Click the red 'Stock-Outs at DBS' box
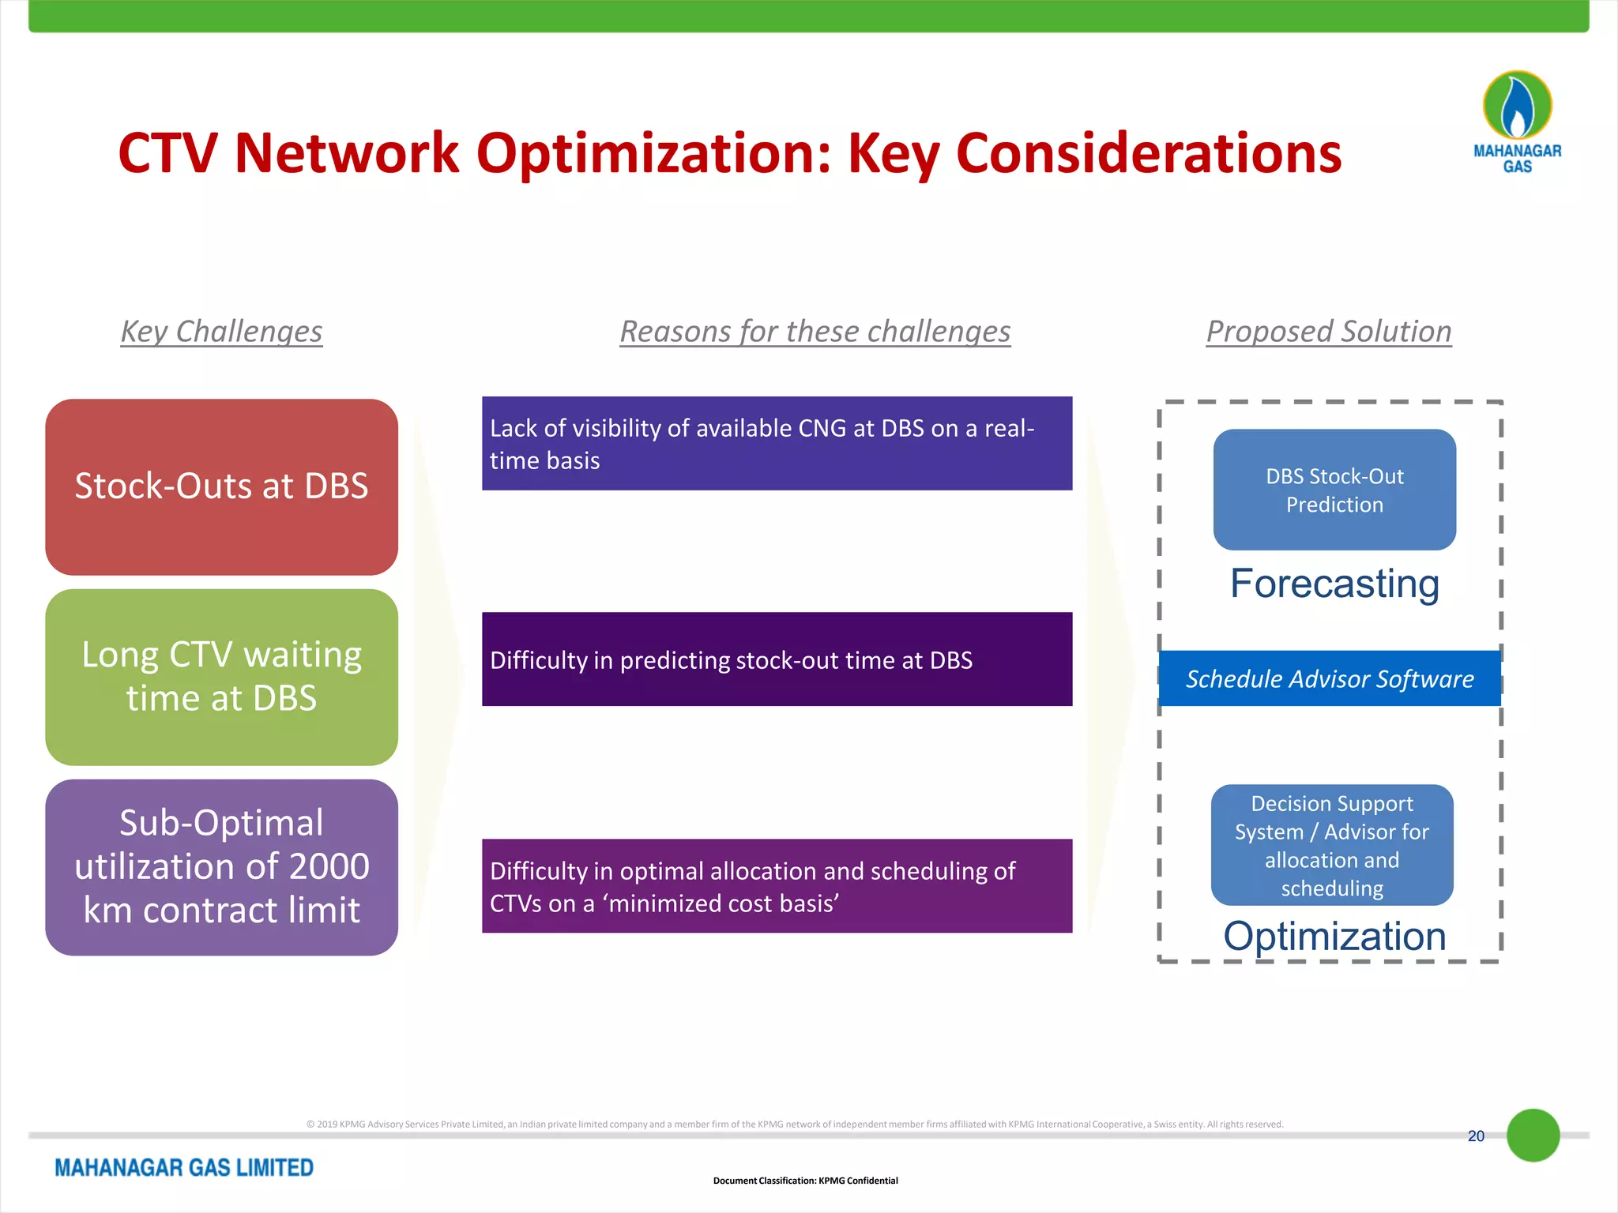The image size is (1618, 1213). click(x=221, y=486)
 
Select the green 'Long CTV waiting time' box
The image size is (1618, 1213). click(x=221, y=677)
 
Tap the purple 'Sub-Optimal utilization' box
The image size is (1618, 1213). click(x=221, y=866)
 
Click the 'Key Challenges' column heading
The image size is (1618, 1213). click(x=221, y=331)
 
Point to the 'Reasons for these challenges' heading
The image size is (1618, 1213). click(x=815, y=331)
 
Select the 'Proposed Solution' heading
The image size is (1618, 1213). click(x=1329, y=331)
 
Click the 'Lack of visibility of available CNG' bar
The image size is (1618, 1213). click(x=777, y=443)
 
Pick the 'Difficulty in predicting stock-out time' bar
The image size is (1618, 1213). click(x=777, y=659)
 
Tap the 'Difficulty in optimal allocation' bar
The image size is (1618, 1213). click(x=777, y=885)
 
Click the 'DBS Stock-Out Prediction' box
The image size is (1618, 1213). click(x=1334, y=490)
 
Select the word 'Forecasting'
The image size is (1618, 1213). click(x=1334, y=584)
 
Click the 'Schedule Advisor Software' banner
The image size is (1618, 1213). click(x=1330, y=678)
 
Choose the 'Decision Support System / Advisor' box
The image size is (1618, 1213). click(x=1332, y=845)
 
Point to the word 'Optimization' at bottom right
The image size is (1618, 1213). click(x=1334, y=936)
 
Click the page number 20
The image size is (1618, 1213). click(x=1476, y=1136)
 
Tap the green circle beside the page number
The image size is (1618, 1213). click(x=1533, y=1135)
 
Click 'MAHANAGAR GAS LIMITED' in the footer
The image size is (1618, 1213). click(x=184, y=1167)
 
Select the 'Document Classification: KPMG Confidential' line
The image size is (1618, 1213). click(x=805, y=1181)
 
